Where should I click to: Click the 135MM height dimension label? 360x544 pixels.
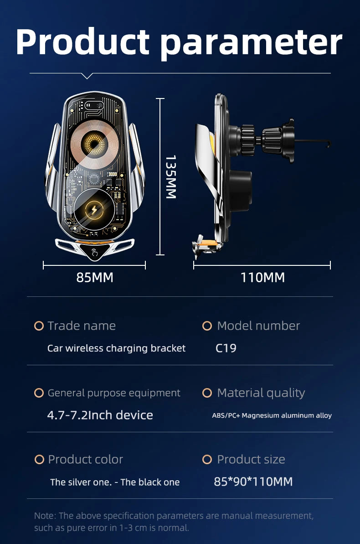coord(170,177)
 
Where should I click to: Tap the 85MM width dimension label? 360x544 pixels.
coord(94,277)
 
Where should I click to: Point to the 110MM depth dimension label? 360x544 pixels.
coord(262,277)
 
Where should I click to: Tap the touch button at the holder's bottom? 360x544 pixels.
coord(94,252)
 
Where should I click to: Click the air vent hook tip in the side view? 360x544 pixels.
coord(328,145)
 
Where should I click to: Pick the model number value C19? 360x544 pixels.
coord(226,348)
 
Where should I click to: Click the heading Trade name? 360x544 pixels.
coord(82,326)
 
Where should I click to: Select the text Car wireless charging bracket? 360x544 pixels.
coord(116,348)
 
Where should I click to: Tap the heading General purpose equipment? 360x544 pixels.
coord(114,393)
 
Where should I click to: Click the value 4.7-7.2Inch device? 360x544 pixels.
coord(100,415)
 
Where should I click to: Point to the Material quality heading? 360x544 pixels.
coord(261,393)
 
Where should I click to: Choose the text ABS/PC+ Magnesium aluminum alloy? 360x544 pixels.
coord(272,415)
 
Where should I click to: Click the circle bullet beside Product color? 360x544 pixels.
coord(39,460)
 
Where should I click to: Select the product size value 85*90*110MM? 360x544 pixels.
coord(253,482)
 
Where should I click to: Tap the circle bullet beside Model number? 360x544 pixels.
coord(207,326)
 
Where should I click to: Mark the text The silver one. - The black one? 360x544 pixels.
coord(115,482)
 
